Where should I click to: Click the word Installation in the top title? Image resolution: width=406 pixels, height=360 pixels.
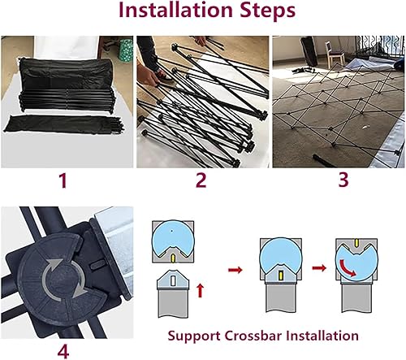[x=175, y=10]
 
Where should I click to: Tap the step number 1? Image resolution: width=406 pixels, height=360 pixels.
[x=63, y=180]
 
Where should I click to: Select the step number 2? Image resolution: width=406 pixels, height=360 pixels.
[x=201, y=180]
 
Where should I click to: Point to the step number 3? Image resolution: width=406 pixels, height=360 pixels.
[x=343, y=180]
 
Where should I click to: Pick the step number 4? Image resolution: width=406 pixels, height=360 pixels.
[x=63, y=351]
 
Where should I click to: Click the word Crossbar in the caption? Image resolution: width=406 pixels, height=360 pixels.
[x=253, y=336]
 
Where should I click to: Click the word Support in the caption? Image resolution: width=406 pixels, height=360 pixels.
[x=194, y=336]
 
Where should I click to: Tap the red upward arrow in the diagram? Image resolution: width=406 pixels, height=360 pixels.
[x=200, y=290]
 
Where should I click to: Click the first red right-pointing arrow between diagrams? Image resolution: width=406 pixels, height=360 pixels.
[x=235, y=270]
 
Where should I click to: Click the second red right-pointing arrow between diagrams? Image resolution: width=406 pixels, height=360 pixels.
[x=319, y=268]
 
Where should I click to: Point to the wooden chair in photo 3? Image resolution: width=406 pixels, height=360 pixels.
[x=334, y=53]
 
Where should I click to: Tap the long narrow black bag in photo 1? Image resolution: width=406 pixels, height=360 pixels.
[x=64, y=124]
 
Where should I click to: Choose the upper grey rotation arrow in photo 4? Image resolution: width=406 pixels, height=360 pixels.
[x=52, y=270]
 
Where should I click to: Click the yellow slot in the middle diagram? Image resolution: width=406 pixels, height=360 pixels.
[x=281, y=275]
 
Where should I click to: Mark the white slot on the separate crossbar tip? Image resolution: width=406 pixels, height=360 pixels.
[x=172, y=280]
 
